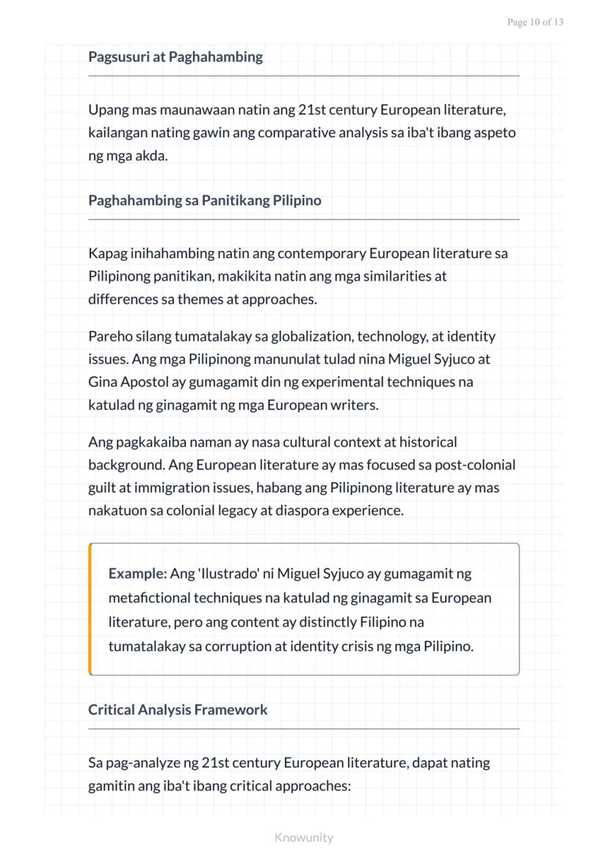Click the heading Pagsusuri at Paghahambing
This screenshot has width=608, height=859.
click(x=175, y=57)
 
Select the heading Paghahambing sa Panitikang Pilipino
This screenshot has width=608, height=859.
click(x=204, y=200)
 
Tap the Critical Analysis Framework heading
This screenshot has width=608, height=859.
click(x=178, y=709)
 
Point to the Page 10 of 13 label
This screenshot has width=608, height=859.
click(x=535, y=23)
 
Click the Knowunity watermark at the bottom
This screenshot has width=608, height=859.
click(x=303, y=837)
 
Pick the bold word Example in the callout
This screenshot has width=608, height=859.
click(x=137, y=573)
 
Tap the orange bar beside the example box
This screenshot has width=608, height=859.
click(x=90, y=609)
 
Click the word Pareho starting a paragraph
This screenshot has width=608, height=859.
click(x=109, y=337)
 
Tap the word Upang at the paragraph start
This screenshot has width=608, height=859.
click(x=107, y=111)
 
